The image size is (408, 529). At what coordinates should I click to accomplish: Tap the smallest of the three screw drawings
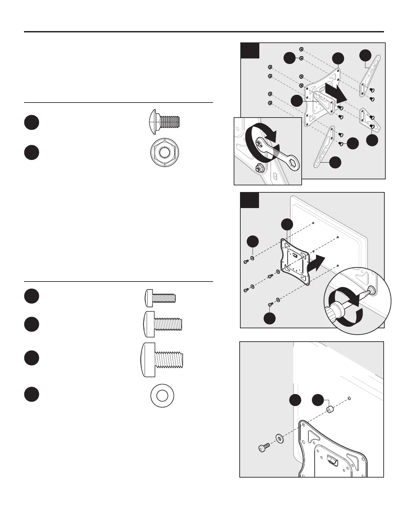(x=160, y=297)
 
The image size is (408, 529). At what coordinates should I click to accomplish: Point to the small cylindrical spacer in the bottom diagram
(x=330, y=409)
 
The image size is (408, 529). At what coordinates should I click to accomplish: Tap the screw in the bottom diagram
(x=263, y=448)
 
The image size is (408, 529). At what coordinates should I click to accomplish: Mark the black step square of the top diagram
(x=250, y=50)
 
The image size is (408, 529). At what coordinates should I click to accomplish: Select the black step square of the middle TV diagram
(x=250, y=200)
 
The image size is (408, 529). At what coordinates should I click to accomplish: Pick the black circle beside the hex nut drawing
(x=31, y=152)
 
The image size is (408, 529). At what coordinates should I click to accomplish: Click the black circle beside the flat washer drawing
(x=31, y=394)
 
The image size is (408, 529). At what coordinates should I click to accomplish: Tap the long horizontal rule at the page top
(x=204, y=32)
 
